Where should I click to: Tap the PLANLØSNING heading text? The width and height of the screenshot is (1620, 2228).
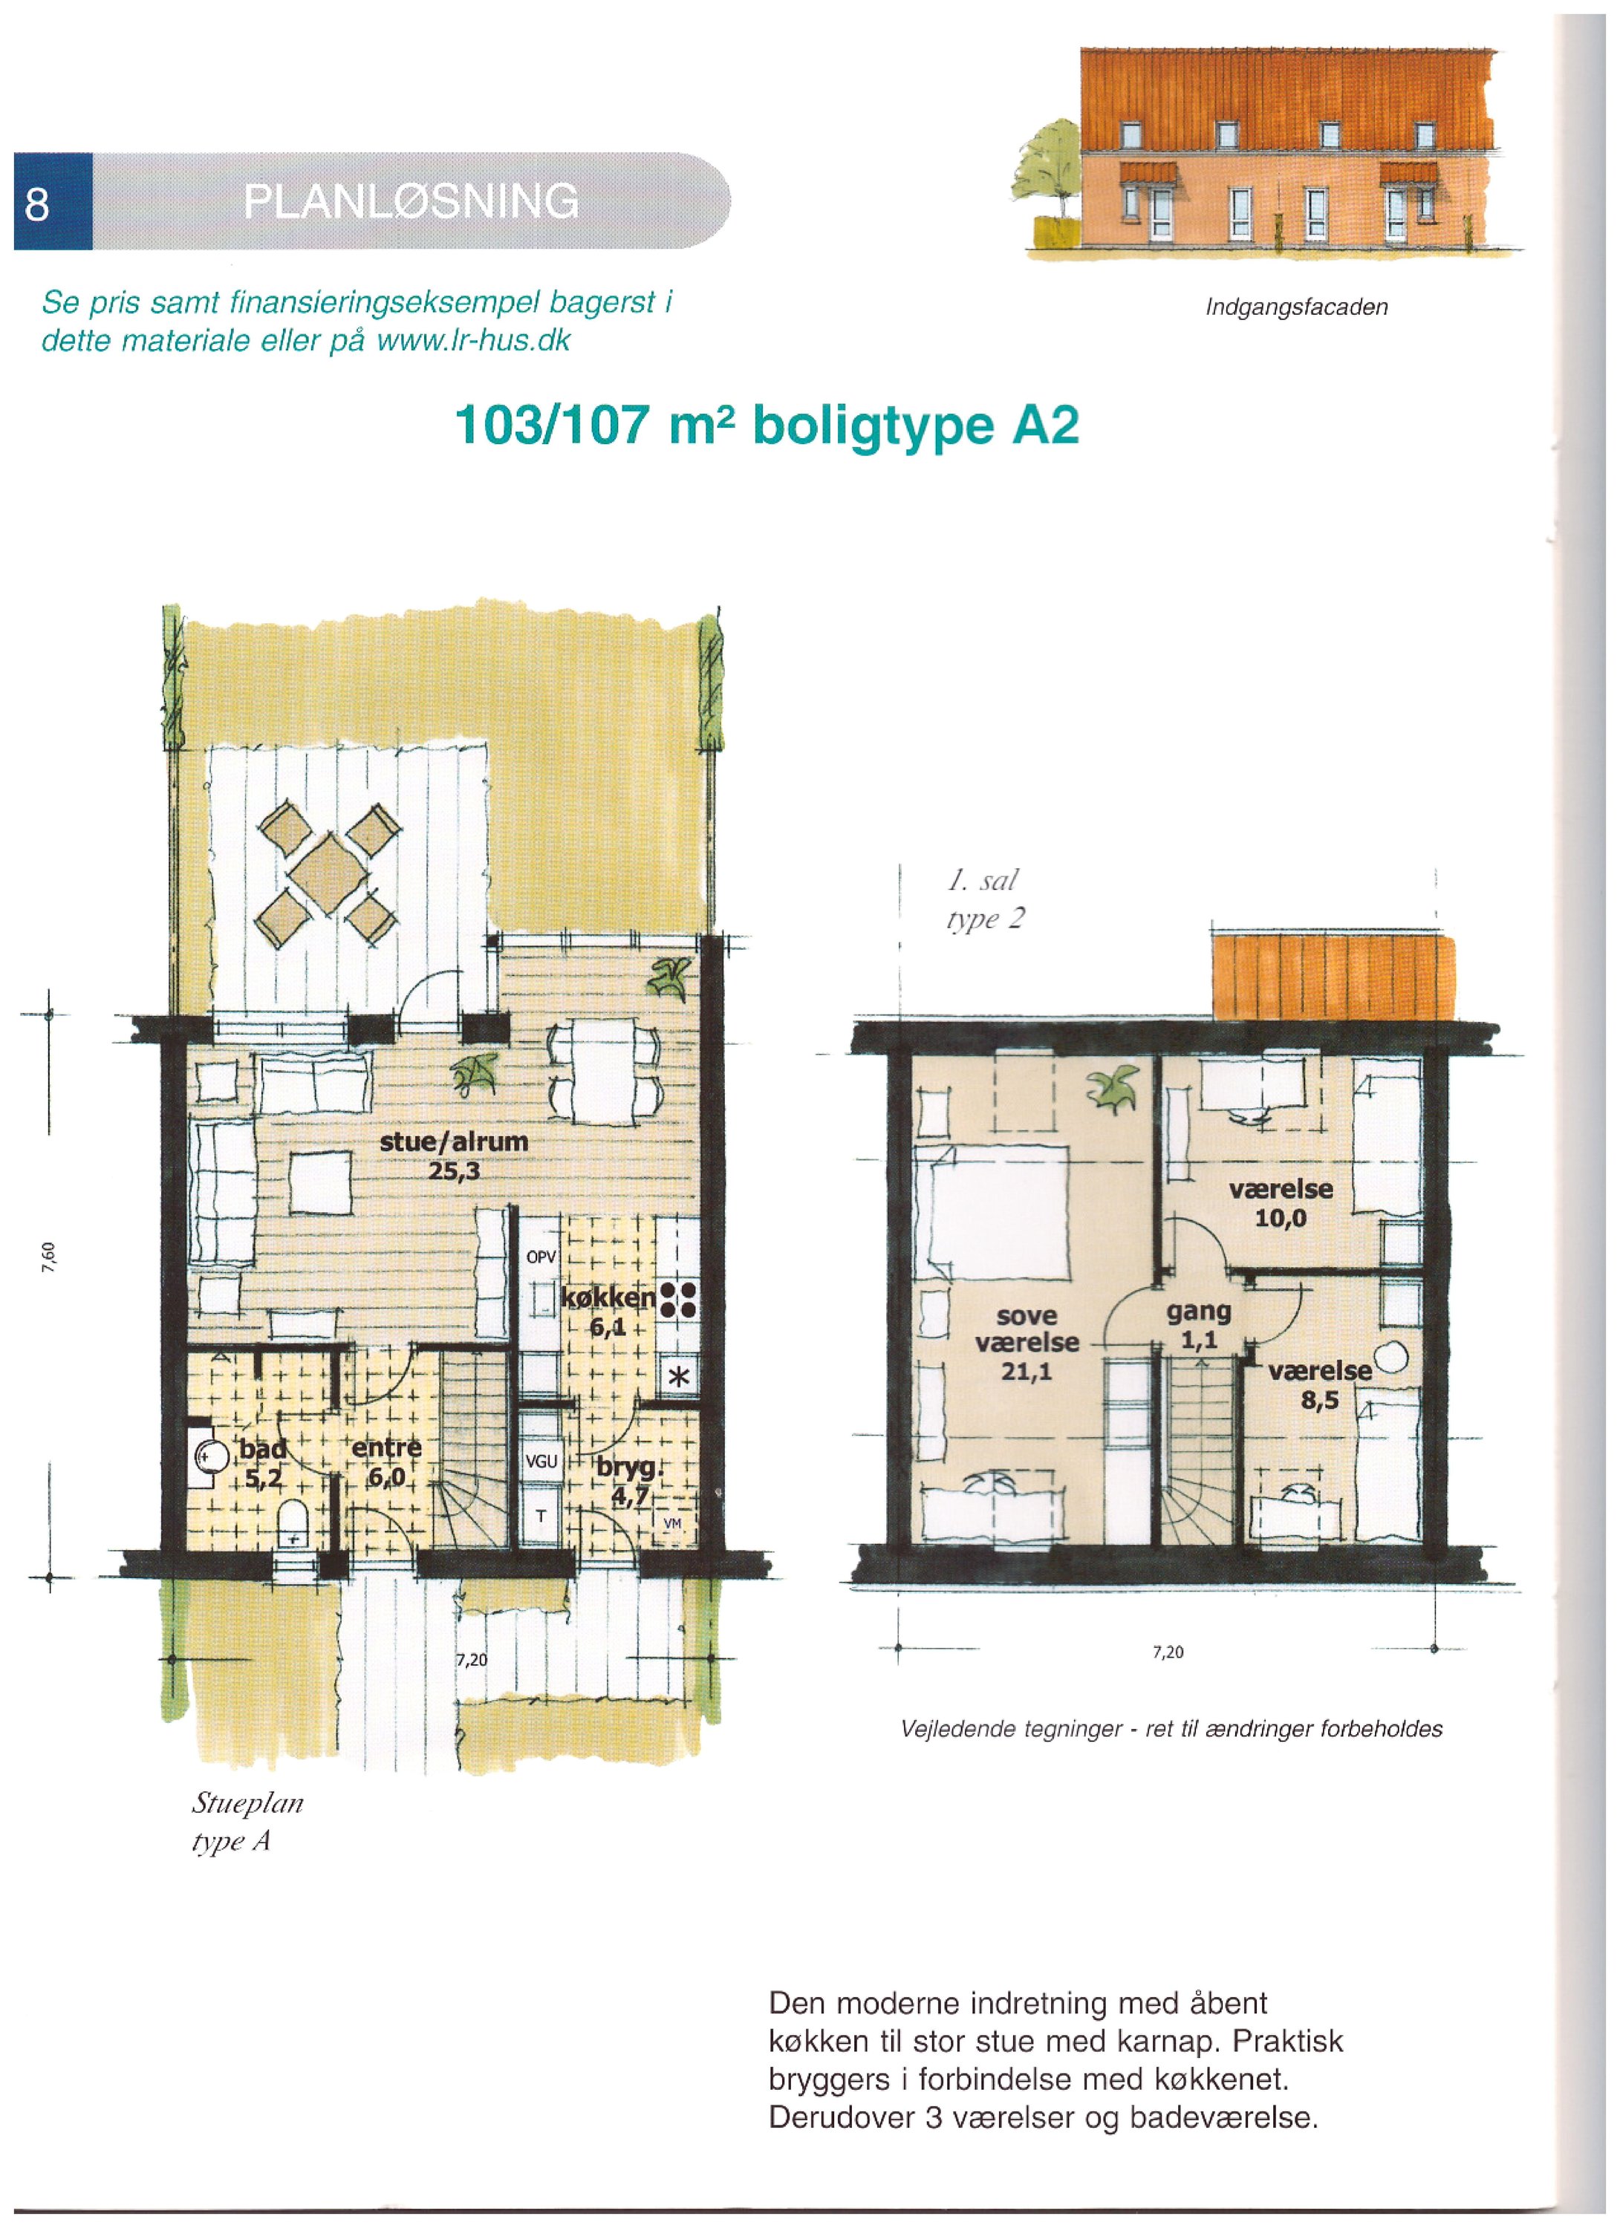[411, 201]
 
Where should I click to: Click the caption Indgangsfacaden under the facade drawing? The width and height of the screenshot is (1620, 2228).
[1296, 307]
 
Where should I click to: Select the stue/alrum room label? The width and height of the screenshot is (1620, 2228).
[453, 1141]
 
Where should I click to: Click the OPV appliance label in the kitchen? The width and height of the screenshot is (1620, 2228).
[541, 1257]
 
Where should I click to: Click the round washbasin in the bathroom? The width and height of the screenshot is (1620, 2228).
[210, 1455]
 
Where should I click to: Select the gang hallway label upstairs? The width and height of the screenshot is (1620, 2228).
[1199, 1311]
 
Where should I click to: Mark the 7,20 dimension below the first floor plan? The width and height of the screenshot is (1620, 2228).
[1168, 1652]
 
